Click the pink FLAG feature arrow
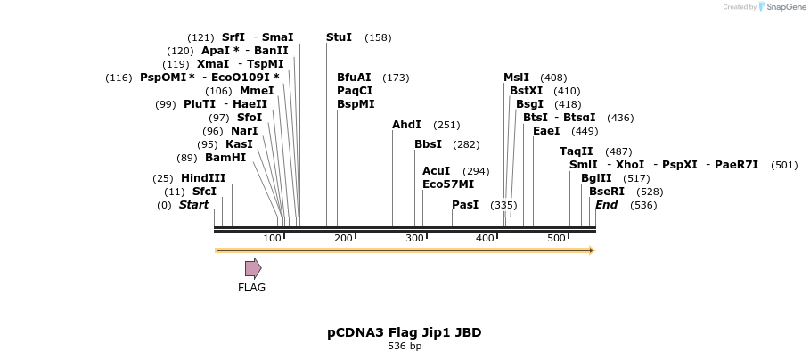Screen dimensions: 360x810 pos(253,268)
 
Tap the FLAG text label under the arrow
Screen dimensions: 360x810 pos(251,288)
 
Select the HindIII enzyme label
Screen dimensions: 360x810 pos(203,178)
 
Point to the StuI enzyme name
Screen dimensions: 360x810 pos(339,37)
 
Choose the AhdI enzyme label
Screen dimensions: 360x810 pos(406,125)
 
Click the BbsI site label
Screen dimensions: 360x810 pos(428,144)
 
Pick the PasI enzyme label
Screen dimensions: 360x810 pos(465,205)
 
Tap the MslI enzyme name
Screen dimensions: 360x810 pos(516,78)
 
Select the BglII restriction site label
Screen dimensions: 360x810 pos(596,178)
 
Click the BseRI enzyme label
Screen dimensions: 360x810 pos(607,192)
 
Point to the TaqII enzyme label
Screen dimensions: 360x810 pos(576,151)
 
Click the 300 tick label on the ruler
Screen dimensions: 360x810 pos(414,238)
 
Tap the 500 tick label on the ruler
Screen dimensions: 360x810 pos(556,238)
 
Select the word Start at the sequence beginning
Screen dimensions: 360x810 pos(193,205)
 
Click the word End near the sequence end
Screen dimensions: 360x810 pos(606,205)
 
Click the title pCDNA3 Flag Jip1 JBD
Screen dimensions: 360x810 pos(404,332)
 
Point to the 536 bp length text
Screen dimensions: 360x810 pos(405,346)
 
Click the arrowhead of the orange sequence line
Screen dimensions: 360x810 pos(591,250)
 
